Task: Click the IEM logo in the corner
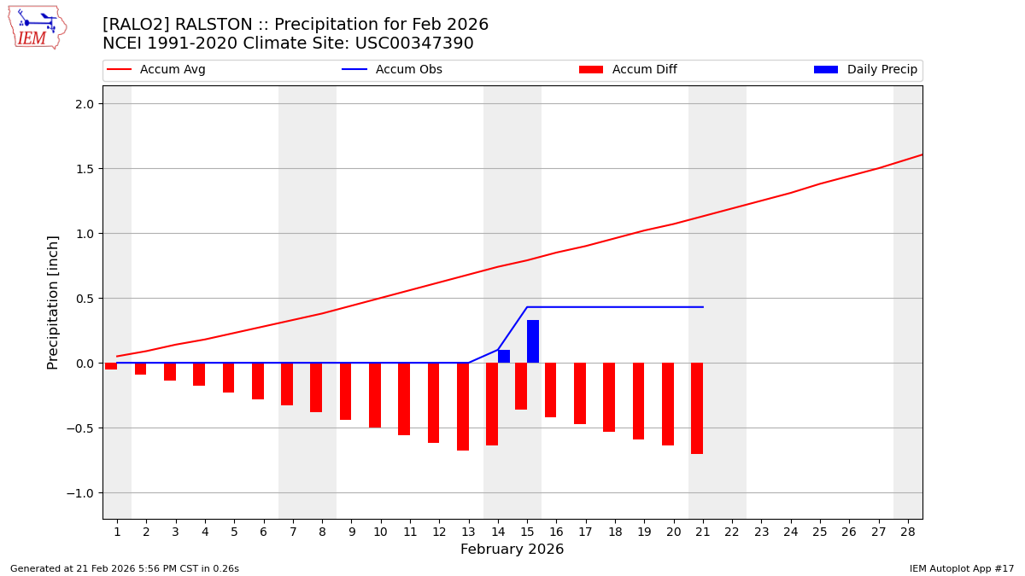pyautogui.click(x=37, y=26)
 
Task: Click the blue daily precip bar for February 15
pyautogui.click(x=533, y=341)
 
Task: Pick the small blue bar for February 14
pyautogui.click(x=504, y=356)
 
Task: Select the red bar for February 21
pyautogui.click(x=697, y=408)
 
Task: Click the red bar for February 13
pyautogui.click(x=463, y=406)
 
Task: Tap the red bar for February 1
pyautogui.click(x=111, y=366)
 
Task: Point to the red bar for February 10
pyautogui.click(x=375, y=395)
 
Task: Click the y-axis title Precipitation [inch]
pyautogui.click(x=53, y=302)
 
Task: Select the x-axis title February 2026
pyautogui.click(x=512, y=550)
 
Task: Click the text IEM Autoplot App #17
pyautogui.click(x=961, y=568)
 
